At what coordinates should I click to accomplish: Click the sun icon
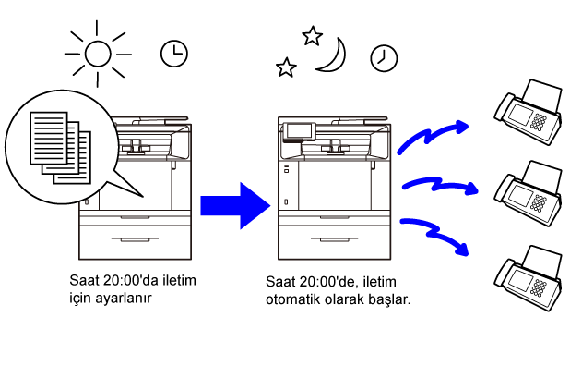pyautogui.click(x=97, y=54)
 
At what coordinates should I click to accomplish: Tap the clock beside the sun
pyautogui.click(x=172, y=54)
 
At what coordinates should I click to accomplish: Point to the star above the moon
pyautogui.click(x=312, y=35)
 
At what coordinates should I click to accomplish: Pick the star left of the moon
pyautogui.click(x=287, y=67)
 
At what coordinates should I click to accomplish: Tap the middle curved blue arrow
pyautogui.click(x=439, y=184)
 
